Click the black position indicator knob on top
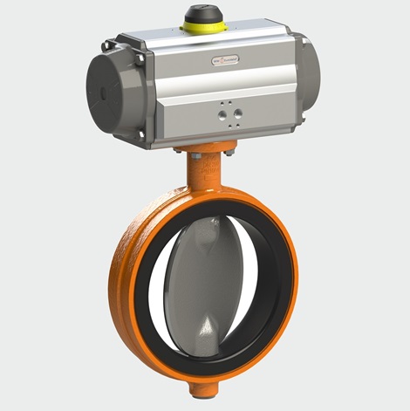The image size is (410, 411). click(201, 14)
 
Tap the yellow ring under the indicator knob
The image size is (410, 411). click(201, 26)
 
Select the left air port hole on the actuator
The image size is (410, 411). click(222, 113)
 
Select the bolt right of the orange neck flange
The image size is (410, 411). click(229, 154)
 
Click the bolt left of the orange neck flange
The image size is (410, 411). click(178, 154)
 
